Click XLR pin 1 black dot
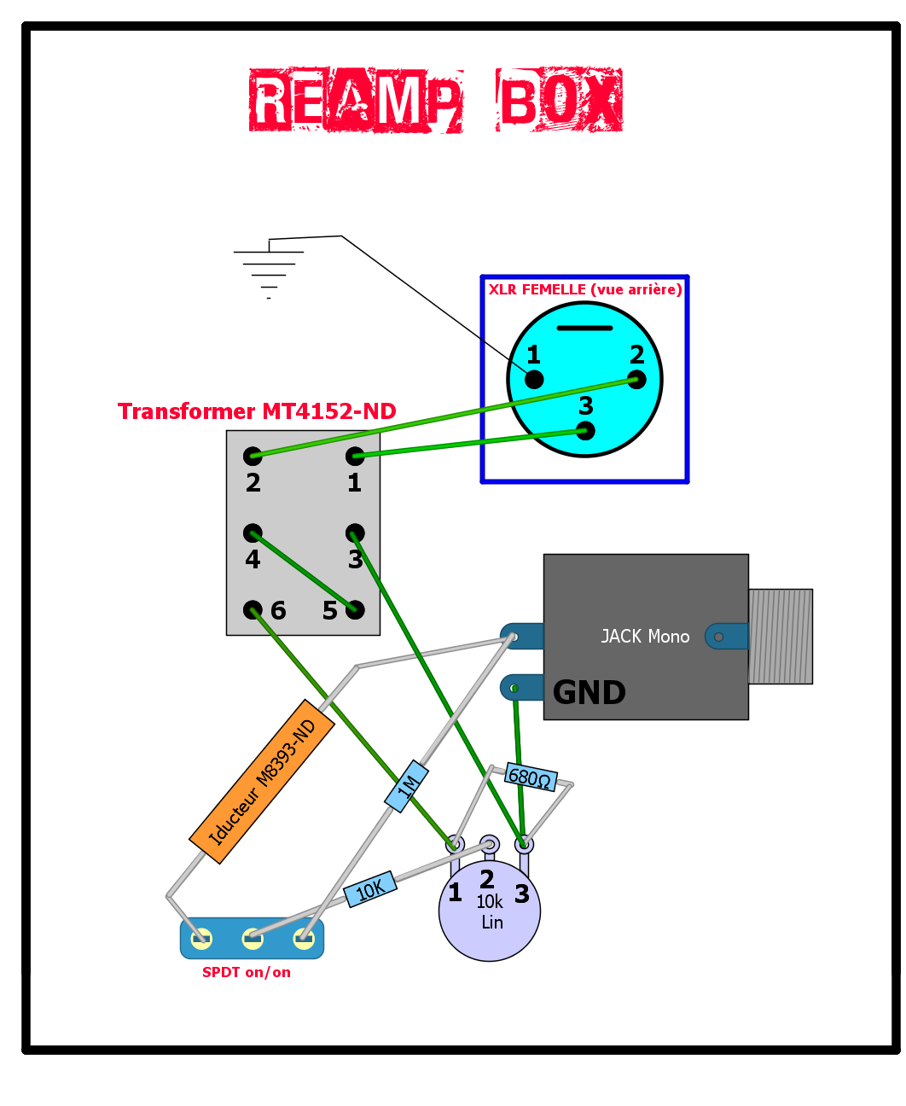pyautogui.click(x=534, y=379)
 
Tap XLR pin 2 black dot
pyautogui.click(x=636, y=379)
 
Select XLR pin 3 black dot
pyautogui.click(x=585, y=430)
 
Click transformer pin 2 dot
pyautogui.click(x=253, y=456)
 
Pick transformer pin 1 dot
pyautogui.click(x=355, y=456)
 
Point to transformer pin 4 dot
pyautogui.click(x=253, y=533)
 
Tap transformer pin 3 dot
pyautogui.click(x=355, y=533)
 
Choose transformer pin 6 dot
pyautogui.click(x=253, y=609)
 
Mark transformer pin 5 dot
pyautogui.click(x=355, y=609)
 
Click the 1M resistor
pyautogui.click(x=407, y=786)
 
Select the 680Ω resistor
pyautogui.click(x=531, y=777)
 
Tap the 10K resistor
pyautogui.click(x=370, y=889)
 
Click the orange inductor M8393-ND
pyautogui.click(x=262, y=782)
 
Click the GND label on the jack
pyautogui.click(x=589, y=692)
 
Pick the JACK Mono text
pyautogui.click(x=645, y=637)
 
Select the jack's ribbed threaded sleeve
pyautogui.click(x=781, y=636)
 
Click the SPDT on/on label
pyautogui.click(x=246, y=972)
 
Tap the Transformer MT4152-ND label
pyautogui.click(x=257, y=411)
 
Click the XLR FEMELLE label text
pyautogui.click(x=585, y=289)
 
